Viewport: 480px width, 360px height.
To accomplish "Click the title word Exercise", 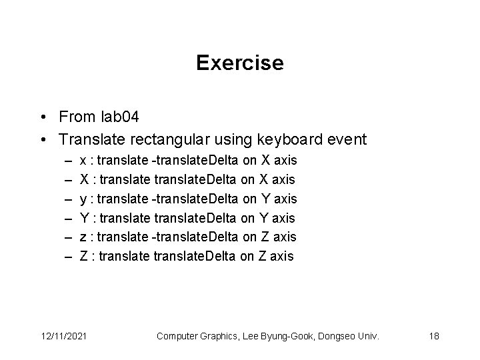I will [240, 63].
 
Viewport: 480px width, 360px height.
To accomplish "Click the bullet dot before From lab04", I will [43, 119].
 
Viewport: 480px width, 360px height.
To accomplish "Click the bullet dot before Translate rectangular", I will [43, 140].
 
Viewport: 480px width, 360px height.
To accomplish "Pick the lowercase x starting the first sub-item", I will [82, 161].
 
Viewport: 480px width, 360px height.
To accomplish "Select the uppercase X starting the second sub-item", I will [83, 179].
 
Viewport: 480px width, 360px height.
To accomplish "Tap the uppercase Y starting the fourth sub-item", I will [83, 217].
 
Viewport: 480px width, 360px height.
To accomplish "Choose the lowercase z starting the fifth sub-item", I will [82, 237].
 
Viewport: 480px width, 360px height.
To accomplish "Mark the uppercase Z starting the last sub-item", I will [83, 255].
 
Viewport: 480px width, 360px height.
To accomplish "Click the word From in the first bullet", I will [76, 118].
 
